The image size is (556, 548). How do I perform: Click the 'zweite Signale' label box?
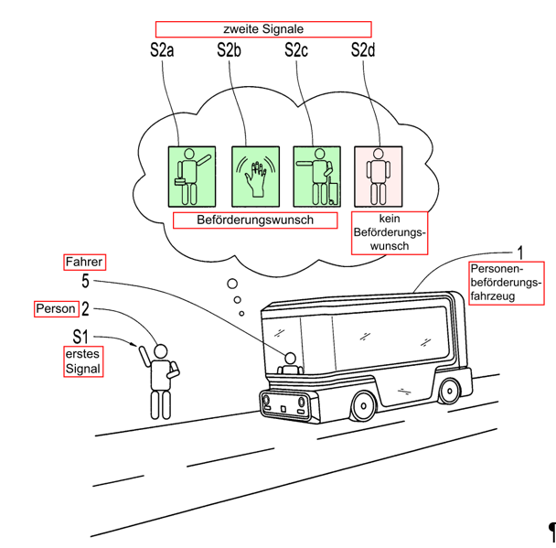(x=263, y=29)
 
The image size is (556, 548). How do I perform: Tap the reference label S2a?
(x=162, y=50)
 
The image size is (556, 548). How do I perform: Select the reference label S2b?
(x=229, y=50)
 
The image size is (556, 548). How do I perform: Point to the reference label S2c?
(x=296, y=50)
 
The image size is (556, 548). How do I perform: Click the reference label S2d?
(x=363, y=50)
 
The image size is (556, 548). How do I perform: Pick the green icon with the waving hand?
(x=255, y=177)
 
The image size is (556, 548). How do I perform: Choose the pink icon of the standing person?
(x=379, y=177)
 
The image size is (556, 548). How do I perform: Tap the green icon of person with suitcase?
(x=317, y=177)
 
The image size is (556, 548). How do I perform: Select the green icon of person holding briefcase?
(x=192, y=177)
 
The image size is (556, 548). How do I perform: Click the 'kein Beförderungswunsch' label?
(x=390, y=232)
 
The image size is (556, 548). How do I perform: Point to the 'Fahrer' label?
(x=84, y=263)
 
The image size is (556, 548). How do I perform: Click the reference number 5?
(x=85, y=281)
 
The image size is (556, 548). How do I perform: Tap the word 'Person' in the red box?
(x=56, y=308)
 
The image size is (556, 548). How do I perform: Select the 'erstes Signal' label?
(x=83, y=361)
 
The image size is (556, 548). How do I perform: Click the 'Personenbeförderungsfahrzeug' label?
(x=507, y=283)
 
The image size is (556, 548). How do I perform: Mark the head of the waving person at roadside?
(x=161, y=351)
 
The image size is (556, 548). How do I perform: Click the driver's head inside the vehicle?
(x=291, y=359)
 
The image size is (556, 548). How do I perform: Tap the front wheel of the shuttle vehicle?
(x=363, y=406)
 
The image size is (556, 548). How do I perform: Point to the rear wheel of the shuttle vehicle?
(x=449, y=392)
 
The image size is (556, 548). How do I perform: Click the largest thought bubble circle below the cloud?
(x=232, y=284)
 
